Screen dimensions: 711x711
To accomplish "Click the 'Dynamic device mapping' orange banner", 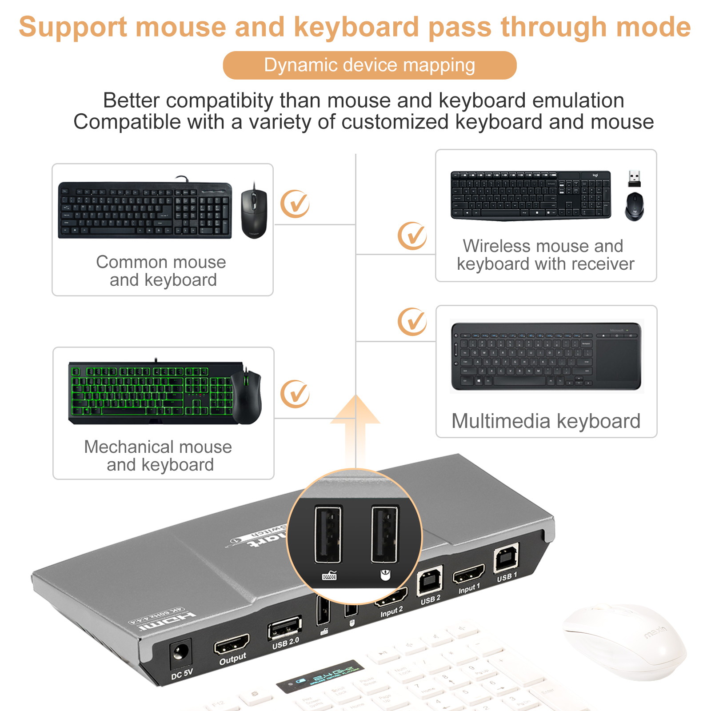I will click(369, 65).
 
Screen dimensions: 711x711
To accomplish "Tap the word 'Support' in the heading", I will click(73, 27).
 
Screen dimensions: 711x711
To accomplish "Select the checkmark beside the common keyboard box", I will click(295, 204).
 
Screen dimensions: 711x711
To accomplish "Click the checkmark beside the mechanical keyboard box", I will click(295, 394).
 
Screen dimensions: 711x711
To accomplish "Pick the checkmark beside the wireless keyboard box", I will click(412, 236).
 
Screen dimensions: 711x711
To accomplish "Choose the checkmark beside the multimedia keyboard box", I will click(412, 321).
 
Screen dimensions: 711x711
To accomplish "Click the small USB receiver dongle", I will click(634, 178).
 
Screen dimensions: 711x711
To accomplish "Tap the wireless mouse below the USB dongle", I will click(634, 206).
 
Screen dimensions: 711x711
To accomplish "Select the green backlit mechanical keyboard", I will click(151, 391).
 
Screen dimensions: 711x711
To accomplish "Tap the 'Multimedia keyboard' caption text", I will click(546, 421).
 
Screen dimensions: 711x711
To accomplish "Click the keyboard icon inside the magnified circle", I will click(329, 576).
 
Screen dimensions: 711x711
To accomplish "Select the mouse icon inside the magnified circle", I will click(385, 575).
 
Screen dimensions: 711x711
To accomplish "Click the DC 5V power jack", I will click(181, 653).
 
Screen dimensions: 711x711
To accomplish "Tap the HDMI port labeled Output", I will click(232, 644).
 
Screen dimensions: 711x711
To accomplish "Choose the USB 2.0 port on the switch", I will click(284, 628).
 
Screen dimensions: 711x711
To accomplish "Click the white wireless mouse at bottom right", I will click(624, 640).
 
